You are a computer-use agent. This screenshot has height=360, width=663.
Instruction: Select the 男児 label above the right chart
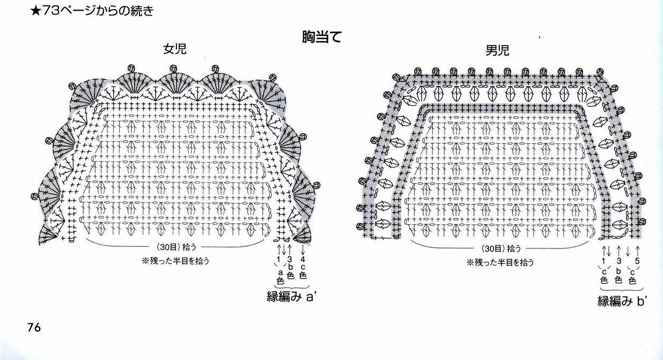tap(497, 50)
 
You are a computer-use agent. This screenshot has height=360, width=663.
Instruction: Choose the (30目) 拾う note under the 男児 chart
tap(497, 249)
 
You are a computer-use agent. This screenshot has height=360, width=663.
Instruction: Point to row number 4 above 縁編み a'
tap(303, 260)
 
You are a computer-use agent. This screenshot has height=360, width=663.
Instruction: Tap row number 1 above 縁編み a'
tap(278, 260)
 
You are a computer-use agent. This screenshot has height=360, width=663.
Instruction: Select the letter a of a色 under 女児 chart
tap(279, 272)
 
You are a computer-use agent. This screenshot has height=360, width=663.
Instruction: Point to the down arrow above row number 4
tap(303, 249)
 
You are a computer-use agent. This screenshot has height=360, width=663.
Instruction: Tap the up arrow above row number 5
tap(637, 251)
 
